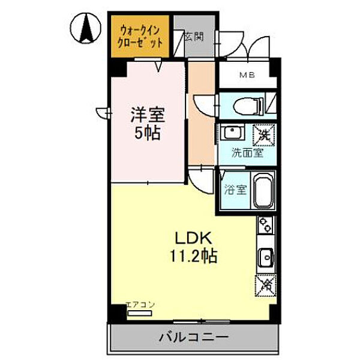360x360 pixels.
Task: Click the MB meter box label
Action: tap(247, 76)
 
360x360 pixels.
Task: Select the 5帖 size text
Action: tap(148, 133)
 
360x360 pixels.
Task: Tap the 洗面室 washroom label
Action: tap(247, 152)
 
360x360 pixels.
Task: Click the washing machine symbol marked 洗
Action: tap(263, 133)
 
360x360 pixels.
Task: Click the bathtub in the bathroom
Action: tap(263, 191)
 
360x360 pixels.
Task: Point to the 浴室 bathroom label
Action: tap(235, 191)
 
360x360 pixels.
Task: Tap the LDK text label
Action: tap(192, 236)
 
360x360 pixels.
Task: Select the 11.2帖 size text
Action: tap(192, 256)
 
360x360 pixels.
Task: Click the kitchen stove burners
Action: tap(265, 226)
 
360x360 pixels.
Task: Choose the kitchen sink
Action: tap(266, 257)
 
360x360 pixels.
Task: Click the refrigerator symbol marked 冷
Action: tap(264, 286)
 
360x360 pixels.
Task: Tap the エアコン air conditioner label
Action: tap(140, 305)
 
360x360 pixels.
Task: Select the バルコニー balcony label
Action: tap(193, 337)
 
